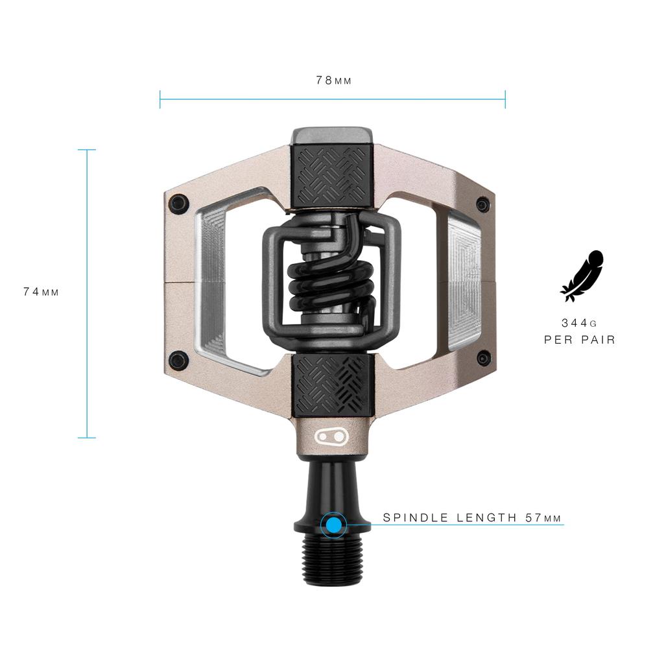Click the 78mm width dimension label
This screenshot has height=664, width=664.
(333, 80)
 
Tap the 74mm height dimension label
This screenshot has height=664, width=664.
(41, 292)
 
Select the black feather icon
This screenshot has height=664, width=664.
(582, 276)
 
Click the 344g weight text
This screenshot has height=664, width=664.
(579, 322)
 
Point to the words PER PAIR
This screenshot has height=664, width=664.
(580, 339)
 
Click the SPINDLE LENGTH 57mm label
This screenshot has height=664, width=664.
(472, 517)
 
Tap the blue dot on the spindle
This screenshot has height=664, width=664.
(333, 525)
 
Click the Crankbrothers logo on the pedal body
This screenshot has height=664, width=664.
(331, 436)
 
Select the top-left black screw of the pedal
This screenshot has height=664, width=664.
(179, 203)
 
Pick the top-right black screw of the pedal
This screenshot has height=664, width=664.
(483, 204)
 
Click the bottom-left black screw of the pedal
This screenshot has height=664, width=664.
(179, 360)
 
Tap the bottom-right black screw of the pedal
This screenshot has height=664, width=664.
(484, 358)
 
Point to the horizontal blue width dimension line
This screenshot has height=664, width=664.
(333, 99)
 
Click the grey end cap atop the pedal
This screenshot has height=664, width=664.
(331, 136)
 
